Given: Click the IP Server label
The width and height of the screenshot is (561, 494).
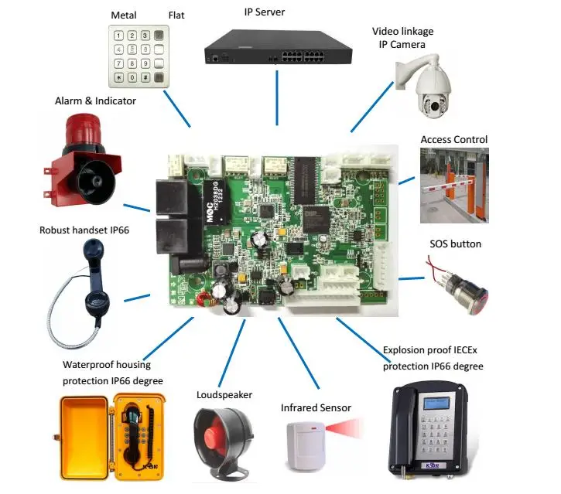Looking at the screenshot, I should coord(276,12).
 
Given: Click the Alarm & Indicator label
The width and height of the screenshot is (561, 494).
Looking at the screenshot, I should coord(95,101).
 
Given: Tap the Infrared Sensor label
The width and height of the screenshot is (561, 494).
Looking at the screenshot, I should coord(316,407).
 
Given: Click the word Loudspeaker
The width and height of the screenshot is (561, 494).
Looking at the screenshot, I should coord(224,394).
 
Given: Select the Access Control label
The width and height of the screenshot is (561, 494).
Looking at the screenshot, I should coord(453,140).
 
